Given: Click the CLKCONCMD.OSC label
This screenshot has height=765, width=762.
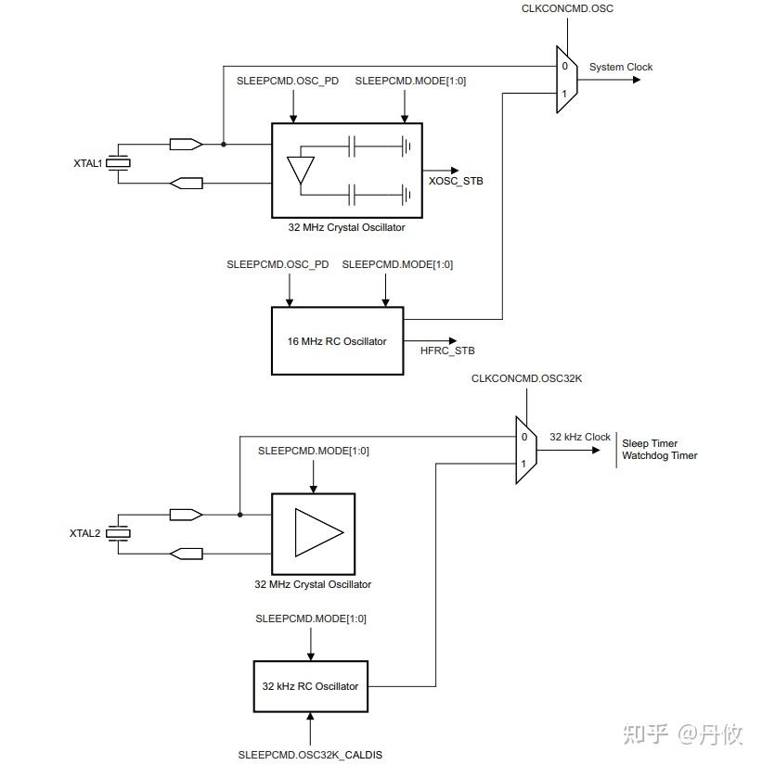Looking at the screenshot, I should pyautogui.click(x=567, y=9).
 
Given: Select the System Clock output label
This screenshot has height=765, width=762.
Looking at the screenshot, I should pyautogui.click(x=620, y=67).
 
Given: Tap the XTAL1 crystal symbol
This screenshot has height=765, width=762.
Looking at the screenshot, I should pyautogui.click(x=117, y=164).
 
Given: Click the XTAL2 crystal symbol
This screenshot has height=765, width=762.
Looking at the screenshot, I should pyautogui.click(x=117, y=533).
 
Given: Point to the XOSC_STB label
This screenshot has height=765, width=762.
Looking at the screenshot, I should pyautogui.click(x=455, y=181).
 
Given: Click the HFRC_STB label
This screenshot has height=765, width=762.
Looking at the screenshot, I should pyautogui.click(x=446, y=351).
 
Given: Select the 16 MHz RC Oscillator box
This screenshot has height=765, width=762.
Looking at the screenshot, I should pyautogui.click(x=337, y=341).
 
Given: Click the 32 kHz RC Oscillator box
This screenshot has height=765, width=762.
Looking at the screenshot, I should pyautogui.click(x=310, y=686).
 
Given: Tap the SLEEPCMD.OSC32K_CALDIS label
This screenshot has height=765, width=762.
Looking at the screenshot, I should pyautogui.click(x=310, y=755).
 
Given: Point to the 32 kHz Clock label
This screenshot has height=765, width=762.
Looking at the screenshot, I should pyautogui.click(x=579, y=437).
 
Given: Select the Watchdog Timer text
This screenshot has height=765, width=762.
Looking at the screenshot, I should pyautogui.click(x=659, y=456).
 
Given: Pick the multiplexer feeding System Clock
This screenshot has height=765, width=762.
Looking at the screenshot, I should pyautogui.click(x=566, y=80).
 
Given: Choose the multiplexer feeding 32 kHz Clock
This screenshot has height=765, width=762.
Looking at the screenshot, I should pyautogui.click(x=525, y=450).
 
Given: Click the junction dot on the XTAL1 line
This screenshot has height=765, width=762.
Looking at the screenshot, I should pyautogui.click(x=224, y=145).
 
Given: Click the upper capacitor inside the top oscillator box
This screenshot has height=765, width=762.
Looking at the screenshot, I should pyautogui.click(x=352, y=145).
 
